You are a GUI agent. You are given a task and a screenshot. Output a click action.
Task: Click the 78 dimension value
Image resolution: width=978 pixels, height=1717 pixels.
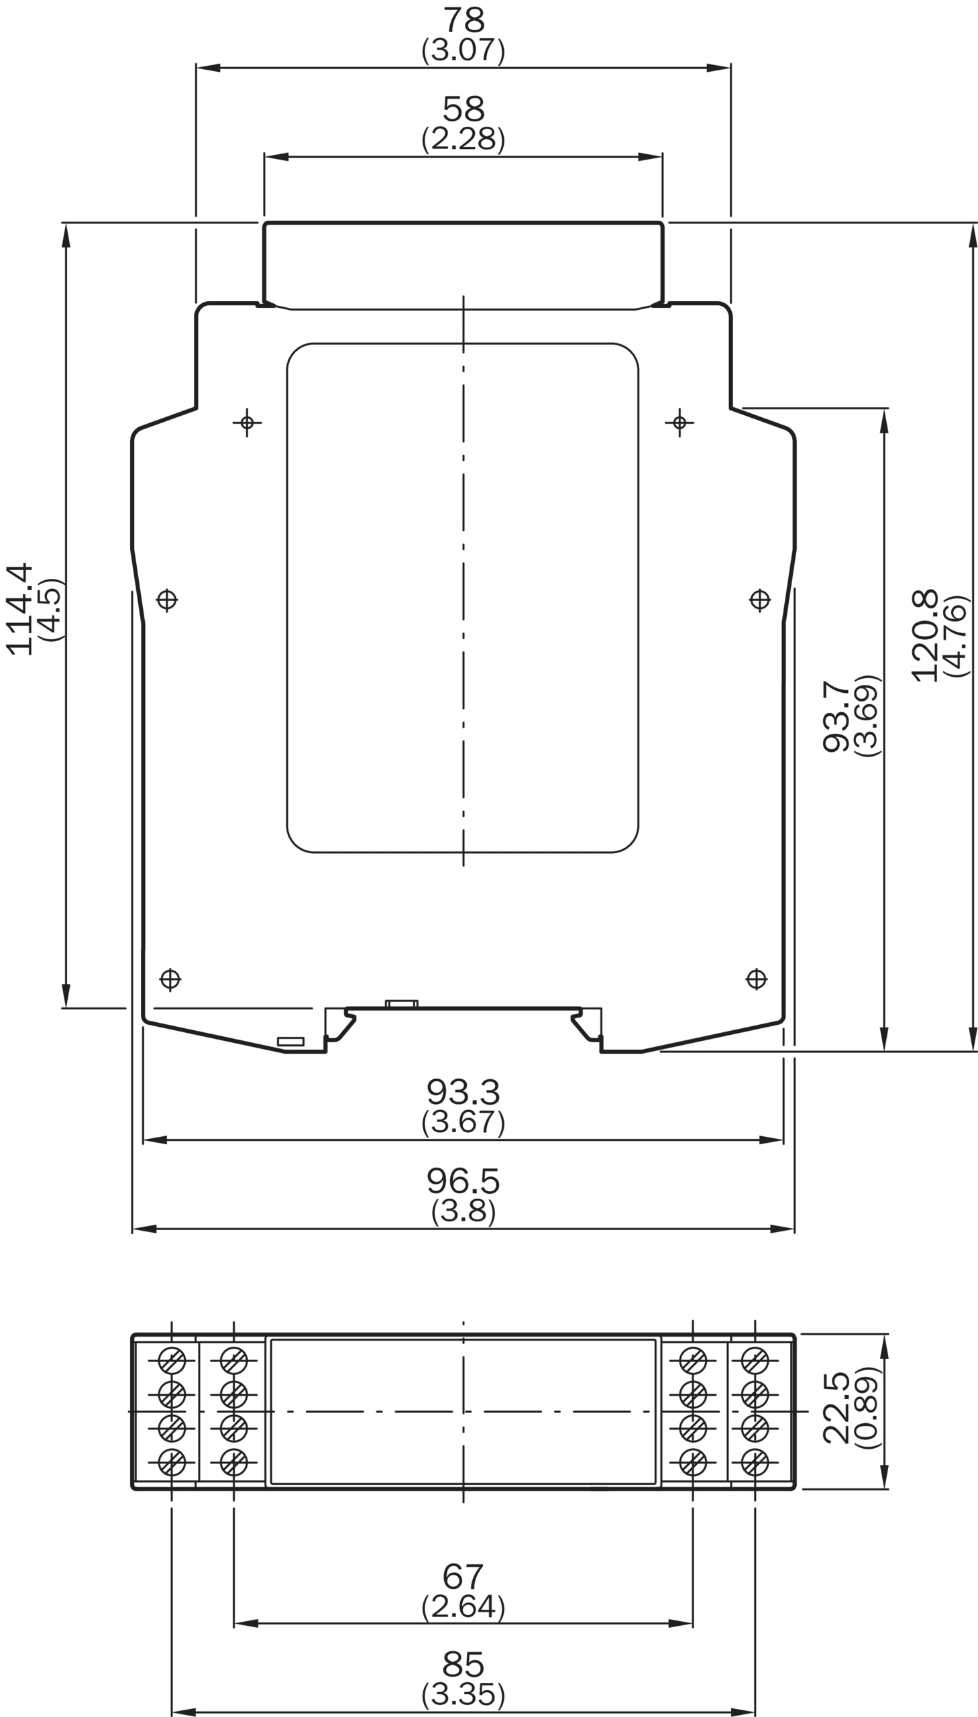pyautogui.click(x=464, y=20)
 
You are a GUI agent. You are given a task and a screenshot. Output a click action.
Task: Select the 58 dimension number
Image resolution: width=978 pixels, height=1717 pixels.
pyautogui.click(x=464, y=109)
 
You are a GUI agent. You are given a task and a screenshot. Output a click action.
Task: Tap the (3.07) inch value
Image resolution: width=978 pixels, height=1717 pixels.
pyautogui.click(x=463, y=50)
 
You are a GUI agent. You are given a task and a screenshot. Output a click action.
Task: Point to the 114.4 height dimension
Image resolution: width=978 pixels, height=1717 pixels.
pyautogui.click(x=19, y=608)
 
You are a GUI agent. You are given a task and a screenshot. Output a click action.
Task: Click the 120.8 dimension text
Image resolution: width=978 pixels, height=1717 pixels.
pyautogui.click(x=925, y=635)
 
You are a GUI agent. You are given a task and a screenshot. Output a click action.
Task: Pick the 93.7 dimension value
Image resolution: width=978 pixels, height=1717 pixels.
pyautogui.click(x=836, y=716)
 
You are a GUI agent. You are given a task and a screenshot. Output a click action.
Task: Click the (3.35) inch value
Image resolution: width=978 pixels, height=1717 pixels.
pyautogui.click(x=463, y=1694)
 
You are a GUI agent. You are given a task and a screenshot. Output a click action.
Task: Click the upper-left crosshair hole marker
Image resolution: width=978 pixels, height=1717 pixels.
pyautogui.click(x=248, y=423)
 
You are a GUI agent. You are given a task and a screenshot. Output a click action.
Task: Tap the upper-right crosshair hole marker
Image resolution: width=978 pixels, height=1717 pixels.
pyautogui.click(x=679, y=423)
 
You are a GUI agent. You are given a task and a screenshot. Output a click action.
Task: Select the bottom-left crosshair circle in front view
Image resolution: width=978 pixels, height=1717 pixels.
pyautogui.click(x=170, y=979)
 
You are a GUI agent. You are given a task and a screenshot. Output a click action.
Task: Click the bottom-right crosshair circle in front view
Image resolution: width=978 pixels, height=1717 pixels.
pyautogui.click(x=757, y=979)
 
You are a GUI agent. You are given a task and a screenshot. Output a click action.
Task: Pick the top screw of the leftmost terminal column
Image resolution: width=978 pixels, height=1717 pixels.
pyautogui.click(x=171, y=1360)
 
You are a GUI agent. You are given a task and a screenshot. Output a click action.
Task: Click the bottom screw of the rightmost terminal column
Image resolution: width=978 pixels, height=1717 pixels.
pyautogui.click(x=755, y=1463)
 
